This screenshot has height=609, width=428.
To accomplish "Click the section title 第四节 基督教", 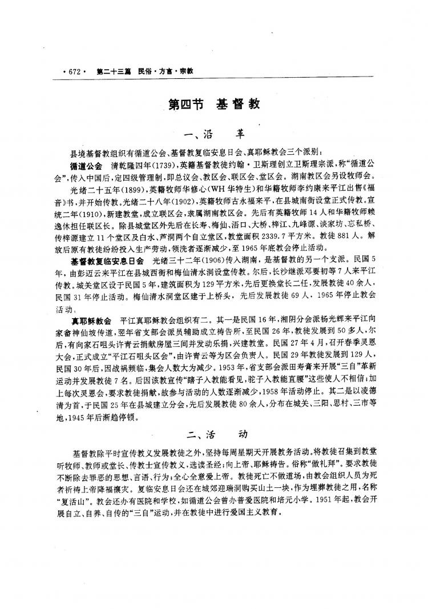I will [x=215, y=105].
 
